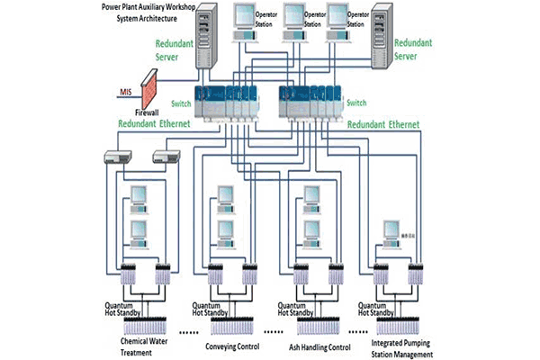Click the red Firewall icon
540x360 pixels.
tap(147, 95)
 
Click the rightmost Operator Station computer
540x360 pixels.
tap(338, 23)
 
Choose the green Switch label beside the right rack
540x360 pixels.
tap(356, 103)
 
